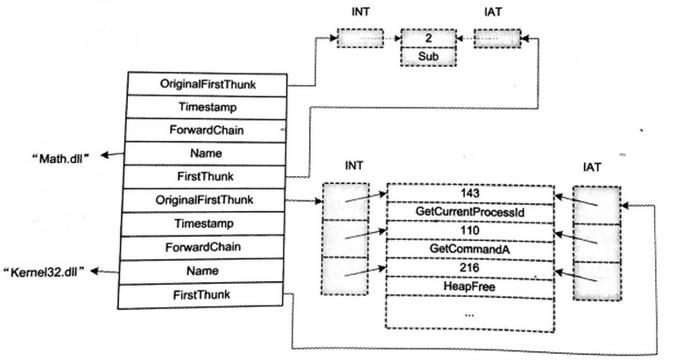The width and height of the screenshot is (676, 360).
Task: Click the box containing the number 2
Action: (x=428, y=39)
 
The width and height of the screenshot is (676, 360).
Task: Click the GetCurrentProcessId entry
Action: (x=469, y=211)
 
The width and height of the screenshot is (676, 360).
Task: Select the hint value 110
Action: (x=469, y=229)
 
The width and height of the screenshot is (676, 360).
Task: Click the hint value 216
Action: (x=469, y=266)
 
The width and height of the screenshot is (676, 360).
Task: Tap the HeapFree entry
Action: (x=469, y=286)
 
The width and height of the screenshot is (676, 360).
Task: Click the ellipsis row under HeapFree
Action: (x=469, y=314)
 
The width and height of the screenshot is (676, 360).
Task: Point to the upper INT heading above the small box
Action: (x=360, y=15)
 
